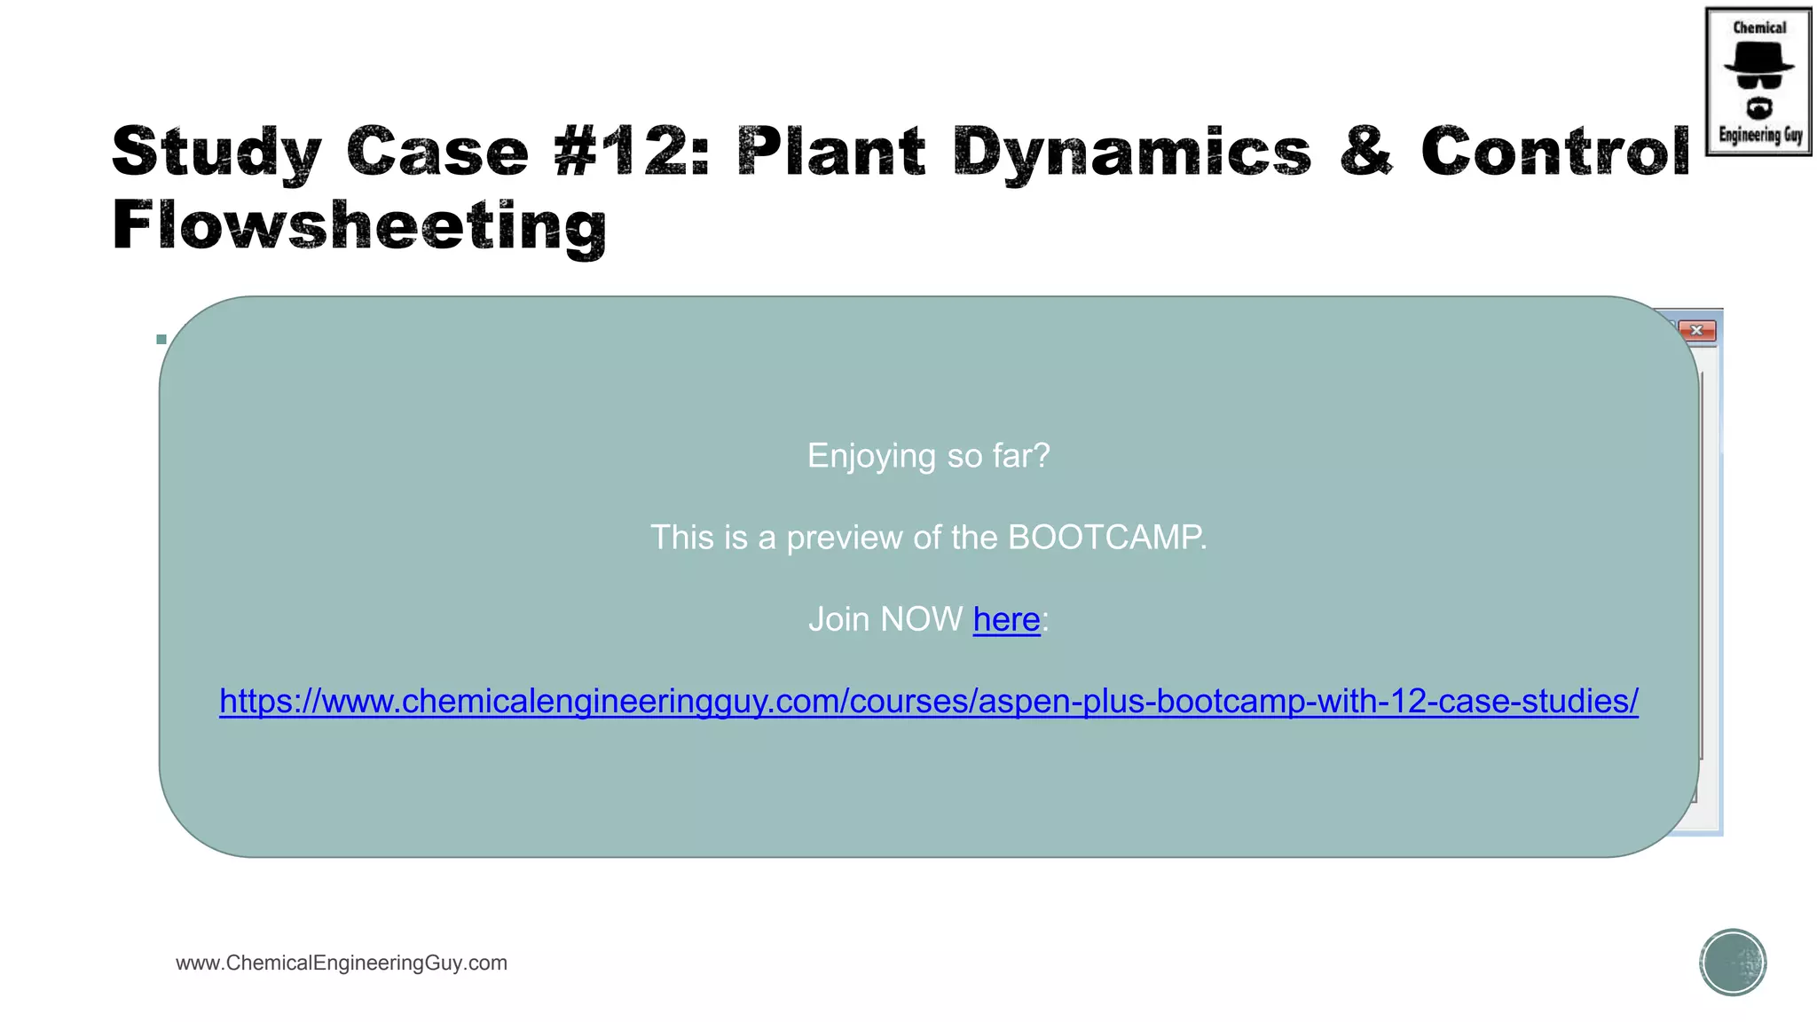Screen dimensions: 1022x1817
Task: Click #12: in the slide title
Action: (x=631, y=151)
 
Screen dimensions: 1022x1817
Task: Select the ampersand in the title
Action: (x=1365, y=151)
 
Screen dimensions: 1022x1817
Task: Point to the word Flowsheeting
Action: (x=359, y=226)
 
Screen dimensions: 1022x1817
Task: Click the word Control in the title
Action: (x=1555, y=151)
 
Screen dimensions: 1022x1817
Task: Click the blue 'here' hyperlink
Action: (x=1006, y=619)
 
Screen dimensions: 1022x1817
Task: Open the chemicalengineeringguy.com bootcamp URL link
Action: (x=929, y=701)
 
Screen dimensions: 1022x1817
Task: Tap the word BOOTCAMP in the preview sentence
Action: (x=1105, y=538)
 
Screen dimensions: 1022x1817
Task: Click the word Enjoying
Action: (x=871, y=456)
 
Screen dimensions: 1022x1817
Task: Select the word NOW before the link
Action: (x=922, y=619)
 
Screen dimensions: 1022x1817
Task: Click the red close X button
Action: (x=1696, y=331)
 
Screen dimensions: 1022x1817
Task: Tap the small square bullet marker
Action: (x=161, y=339)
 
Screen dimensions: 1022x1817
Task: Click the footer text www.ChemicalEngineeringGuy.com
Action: (x=342, y=963)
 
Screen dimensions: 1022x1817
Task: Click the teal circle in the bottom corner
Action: (x=1733, y=963)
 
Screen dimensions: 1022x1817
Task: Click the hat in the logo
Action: (x=1758, y=59)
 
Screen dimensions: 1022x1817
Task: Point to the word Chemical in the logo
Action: (x=1759, y=28)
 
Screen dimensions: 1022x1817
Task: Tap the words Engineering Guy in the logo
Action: (x=1760, y=136)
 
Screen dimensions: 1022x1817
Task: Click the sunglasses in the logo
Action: (x=1758, y=81)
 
